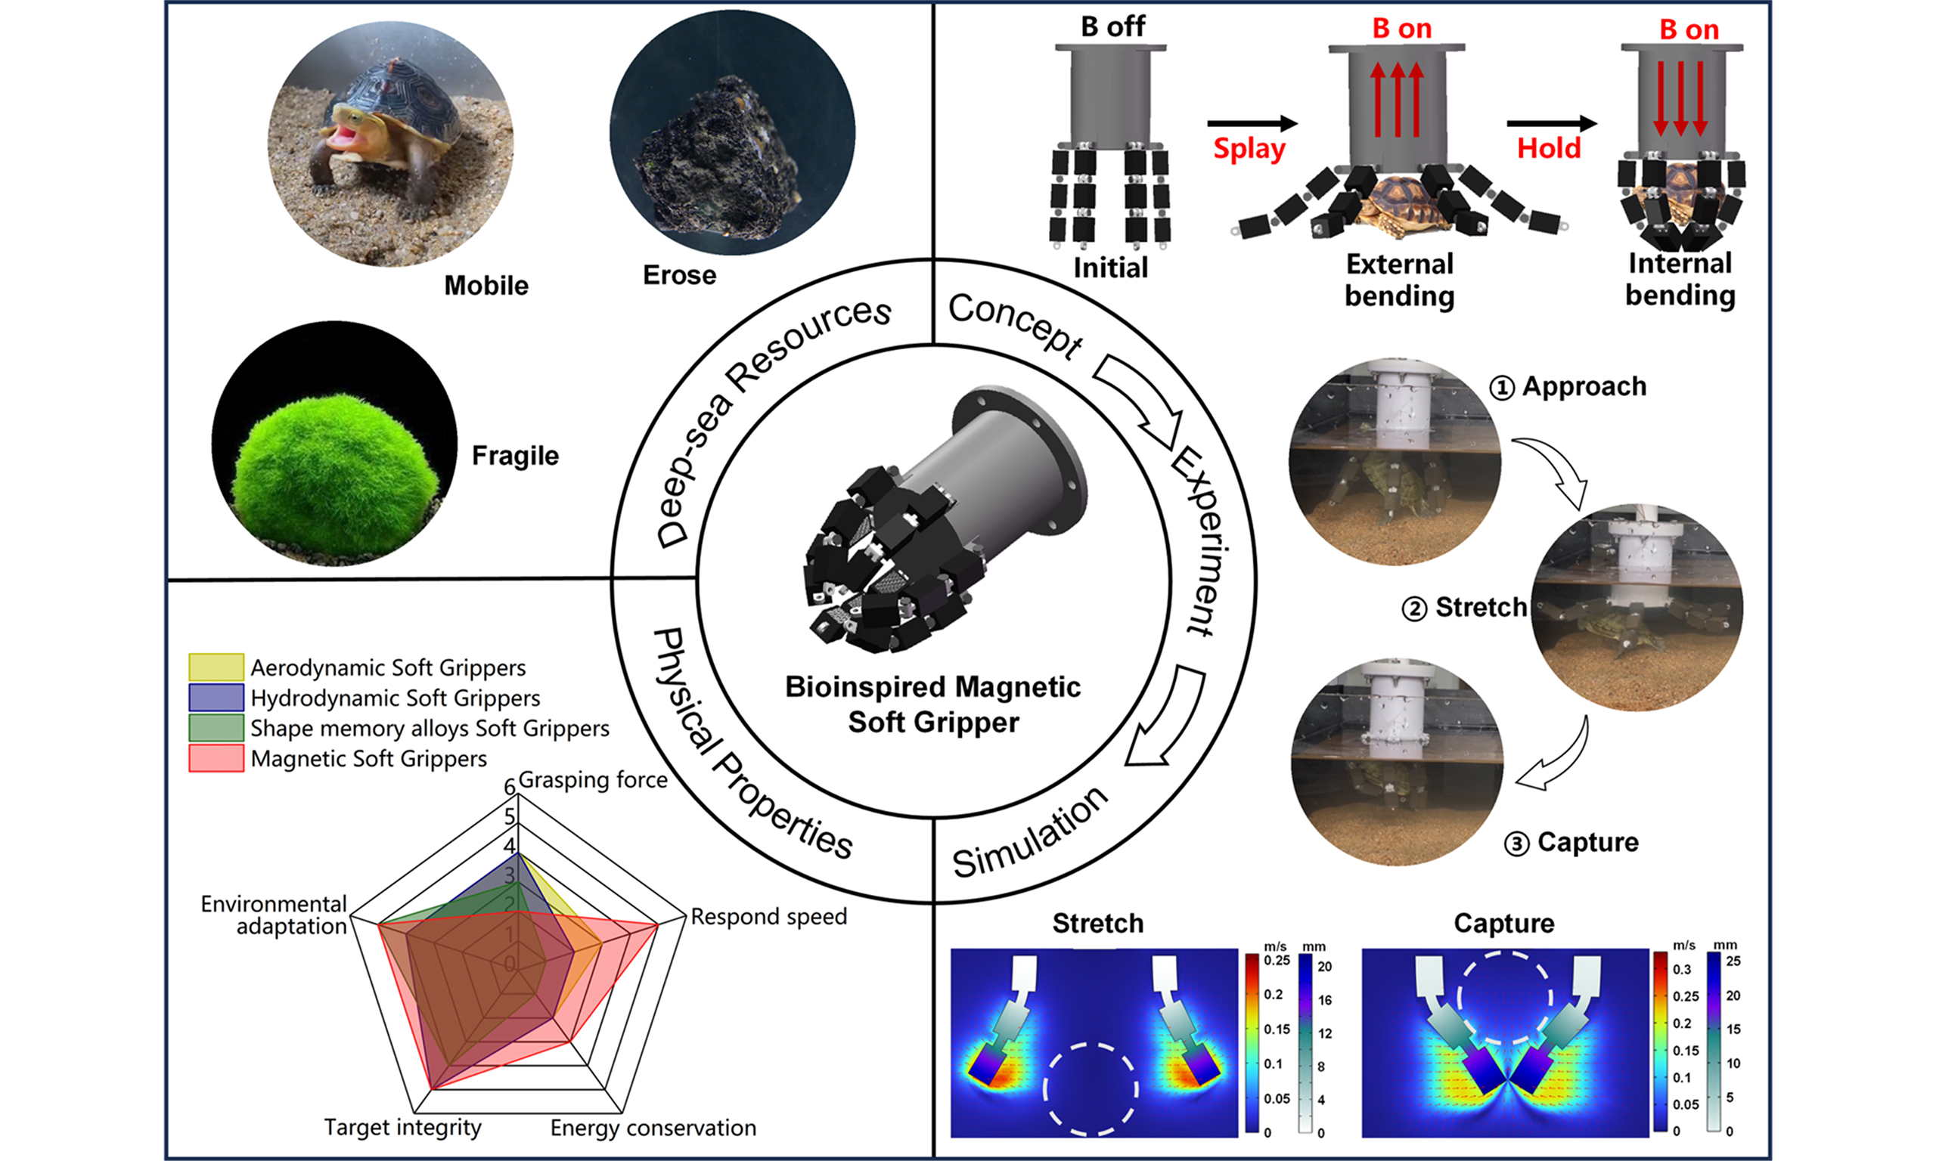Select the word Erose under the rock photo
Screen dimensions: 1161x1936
point(679,275)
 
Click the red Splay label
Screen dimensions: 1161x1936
point(1249,149)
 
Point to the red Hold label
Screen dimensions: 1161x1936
point(1549,148)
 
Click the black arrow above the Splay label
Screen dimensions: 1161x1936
point(1252,123)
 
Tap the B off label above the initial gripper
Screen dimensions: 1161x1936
point(1112,26)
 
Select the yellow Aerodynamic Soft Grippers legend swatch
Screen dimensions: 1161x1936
point(216,667)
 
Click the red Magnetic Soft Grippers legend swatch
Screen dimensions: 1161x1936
point(216,758)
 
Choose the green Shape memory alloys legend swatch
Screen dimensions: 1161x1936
point(216,728)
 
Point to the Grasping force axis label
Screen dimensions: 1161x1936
point(592,780)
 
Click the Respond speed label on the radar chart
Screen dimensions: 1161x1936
point(768,916)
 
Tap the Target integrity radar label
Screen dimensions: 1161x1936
point(403,1127)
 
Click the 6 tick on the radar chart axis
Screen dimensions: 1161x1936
point(510,786)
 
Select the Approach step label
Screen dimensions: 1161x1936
point(1583,386)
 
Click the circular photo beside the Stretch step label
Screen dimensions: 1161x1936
point(1637,608)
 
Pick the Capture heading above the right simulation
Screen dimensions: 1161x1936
point(1503,923)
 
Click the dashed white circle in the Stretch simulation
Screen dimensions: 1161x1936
point(1090,1088)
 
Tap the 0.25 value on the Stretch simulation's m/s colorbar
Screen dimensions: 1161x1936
point(1277,961)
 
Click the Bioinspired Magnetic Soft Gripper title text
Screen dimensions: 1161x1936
point(932,704)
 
